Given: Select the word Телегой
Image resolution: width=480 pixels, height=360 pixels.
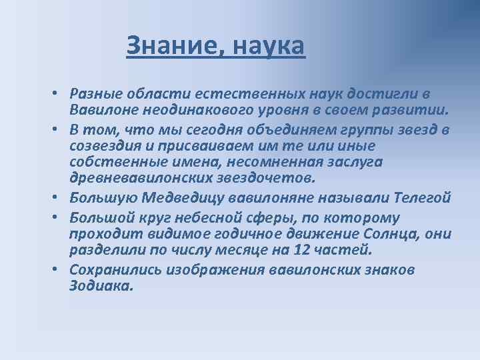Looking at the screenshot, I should pos(423,198).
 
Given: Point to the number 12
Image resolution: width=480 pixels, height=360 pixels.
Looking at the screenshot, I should pos(283,251).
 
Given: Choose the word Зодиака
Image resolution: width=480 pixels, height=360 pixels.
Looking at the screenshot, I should pos(101,287).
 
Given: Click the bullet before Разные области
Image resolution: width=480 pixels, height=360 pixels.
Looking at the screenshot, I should pos(59,93).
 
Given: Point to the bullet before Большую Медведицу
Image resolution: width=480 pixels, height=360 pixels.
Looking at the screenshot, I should pos(59,199).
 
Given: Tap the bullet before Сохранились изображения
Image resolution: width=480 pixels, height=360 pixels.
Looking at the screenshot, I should pos(59,270).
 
